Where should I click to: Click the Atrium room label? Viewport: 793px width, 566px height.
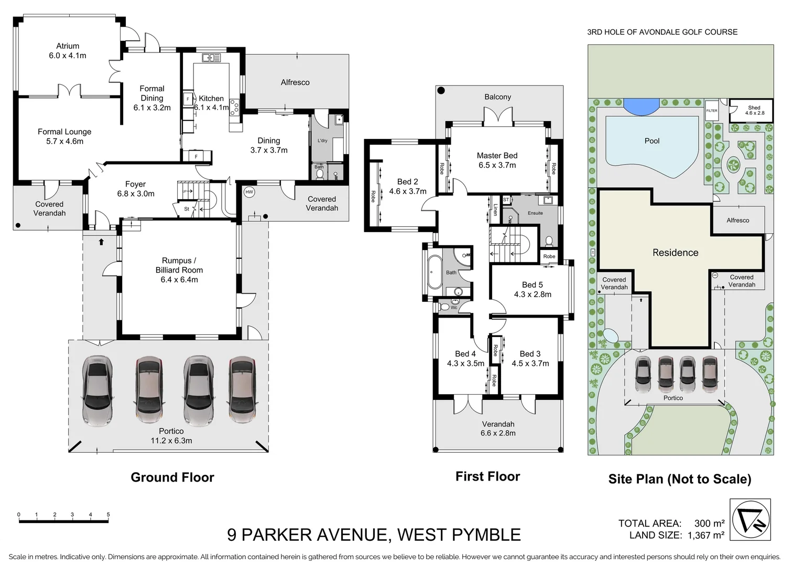68,50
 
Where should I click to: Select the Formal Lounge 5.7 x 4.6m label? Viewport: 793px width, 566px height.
64,136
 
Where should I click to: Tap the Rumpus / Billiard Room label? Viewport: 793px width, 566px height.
179,270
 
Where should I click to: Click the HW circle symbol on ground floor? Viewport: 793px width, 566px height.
249,192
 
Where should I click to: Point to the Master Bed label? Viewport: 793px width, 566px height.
497,160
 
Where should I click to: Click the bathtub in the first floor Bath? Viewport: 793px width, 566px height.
434,272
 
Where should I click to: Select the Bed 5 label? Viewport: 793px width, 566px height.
533,289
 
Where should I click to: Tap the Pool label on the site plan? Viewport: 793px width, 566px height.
652,141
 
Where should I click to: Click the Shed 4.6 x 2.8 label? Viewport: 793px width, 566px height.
754,110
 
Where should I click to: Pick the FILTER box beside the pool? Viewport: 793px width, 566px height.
711,111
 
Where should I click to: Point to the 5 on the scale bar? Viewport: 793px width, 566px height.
108,515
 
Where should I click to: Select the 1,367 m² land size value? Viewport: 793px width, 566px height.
703,535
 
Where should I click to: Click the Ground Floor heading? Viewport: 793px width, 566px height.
172,477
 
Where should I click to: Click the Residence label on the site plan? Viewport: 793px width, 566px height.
675,253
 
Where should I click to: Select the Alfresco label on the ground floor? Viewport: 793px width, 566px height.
295,82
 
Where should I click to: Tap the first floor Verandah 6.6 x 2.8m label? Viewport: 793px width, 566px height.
498,428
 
